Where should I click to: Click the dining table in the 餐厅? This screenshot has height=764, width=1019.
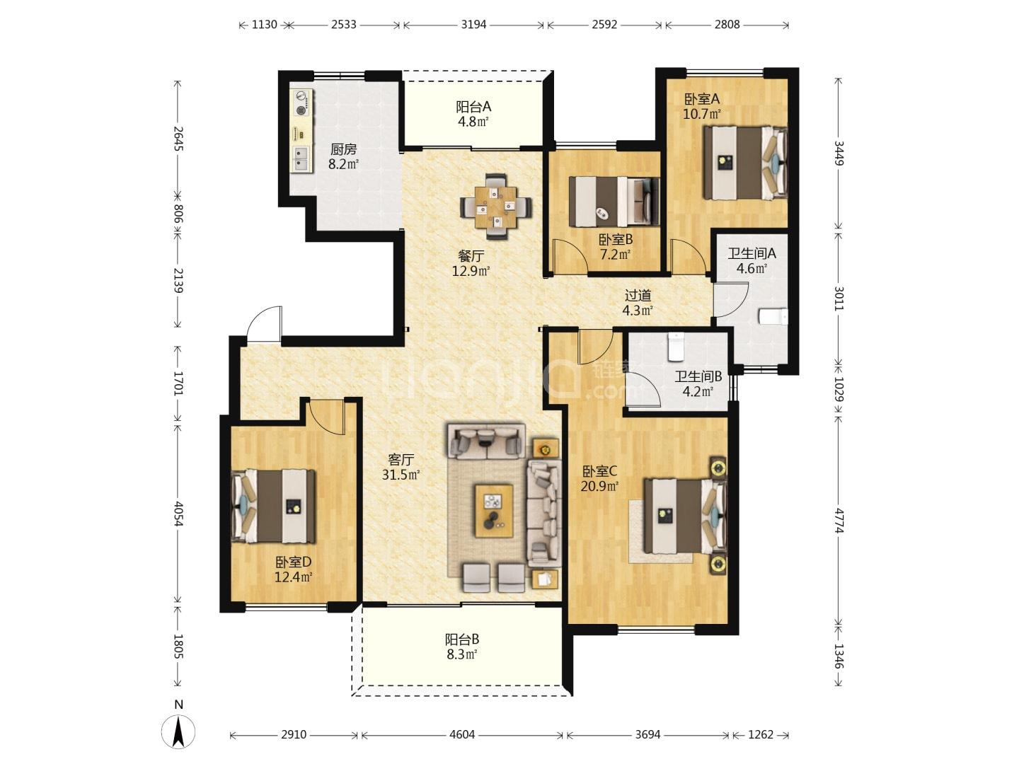[x=496, y=207]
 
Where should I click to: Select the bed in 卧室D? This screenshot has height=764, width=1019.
[x=273, y=506]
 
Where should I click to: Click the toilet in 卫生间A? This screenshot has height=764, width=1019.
[x=773, y=316]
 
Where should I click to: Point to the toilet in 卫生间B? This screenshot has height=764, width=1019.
[x=676, y=347]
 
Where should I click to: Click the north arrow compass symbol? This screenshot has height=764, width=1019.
[x=178, y=731]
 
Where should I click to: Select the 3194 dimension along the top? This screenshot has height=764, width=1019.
[x=473, y=25]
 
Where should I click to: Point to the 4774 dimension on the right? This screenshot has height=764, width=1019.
[x=839, y=520]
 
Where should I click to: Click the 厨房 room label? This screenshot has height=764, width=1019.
[x=343, y=149]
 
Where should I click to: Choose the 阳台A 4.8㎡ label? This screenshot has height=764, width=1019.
[x=473, y=114]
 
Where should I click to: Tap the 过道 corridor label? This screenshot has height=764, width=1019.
[x=638, y=295]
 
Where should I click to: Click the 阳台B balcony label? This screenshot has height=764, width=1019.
[x=462, y=639]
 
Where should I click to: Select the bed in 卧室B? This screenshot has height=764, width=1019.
[x=614, y=202]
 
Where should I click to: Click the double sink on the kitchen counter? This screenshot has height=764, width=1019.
[x=301, y=158]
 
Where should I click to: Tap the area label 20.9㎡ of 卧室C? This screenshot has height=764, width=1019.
[x=599, y=486]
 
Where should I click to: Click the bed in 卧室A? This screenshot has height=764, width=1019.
[x=745, y=163]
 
